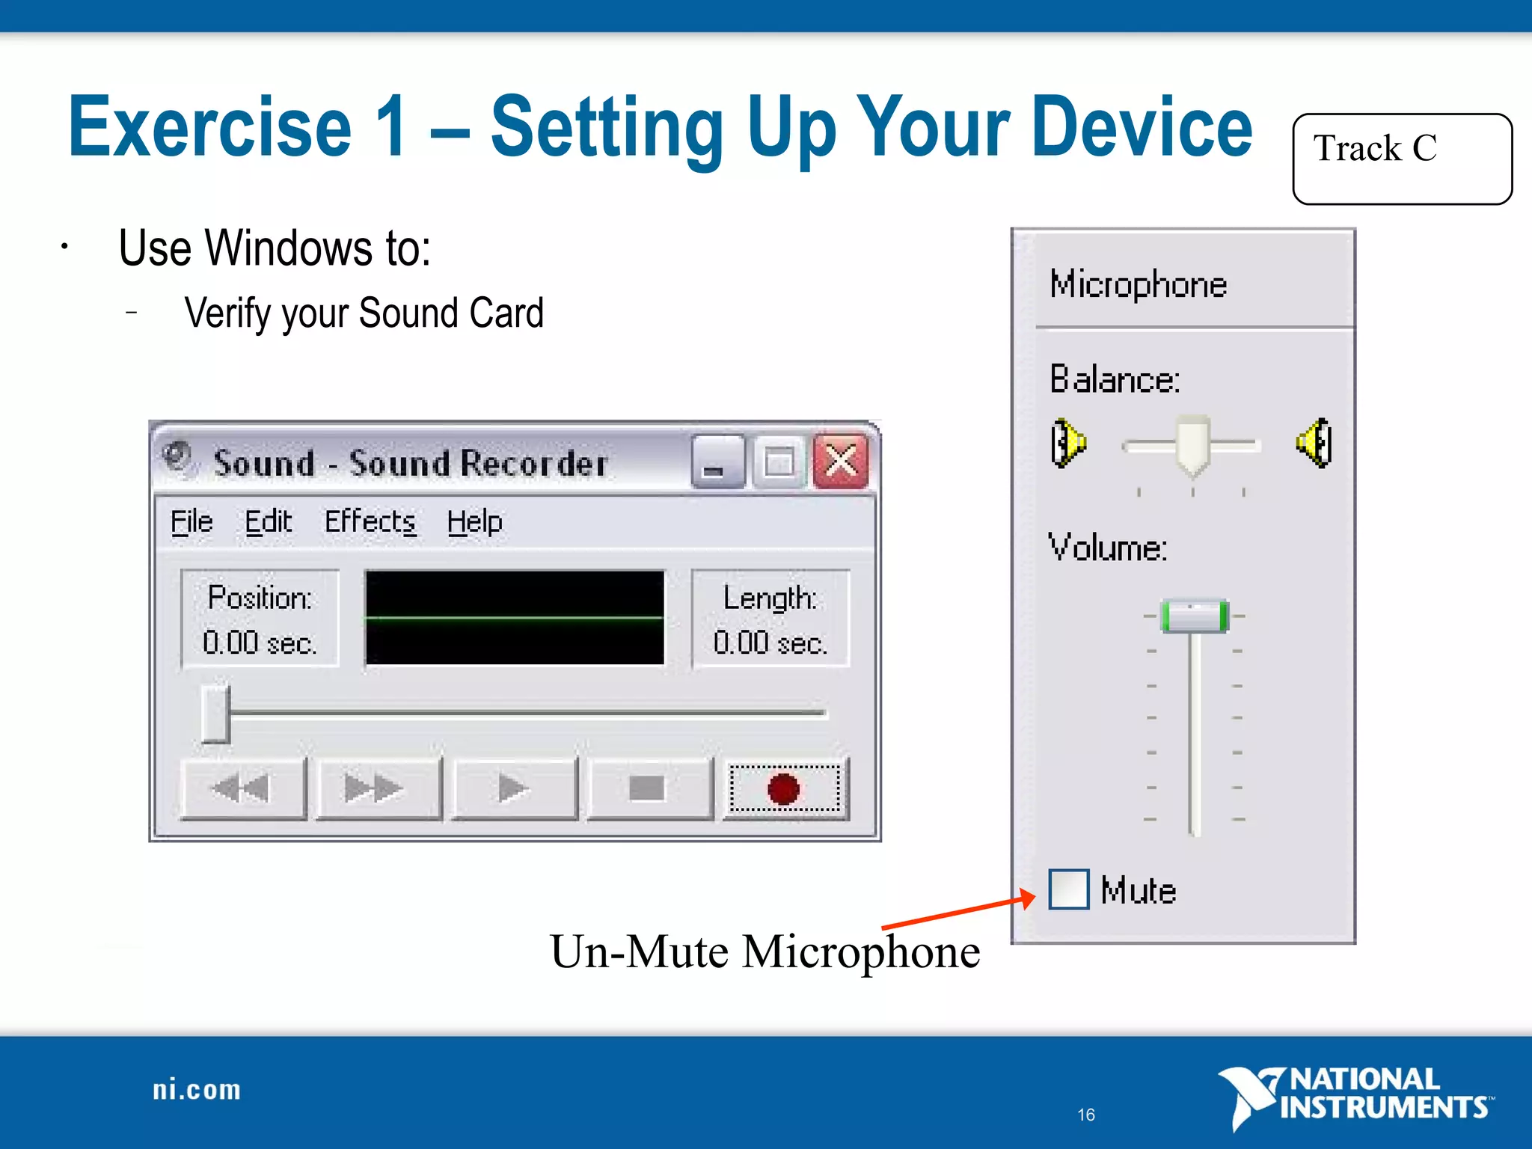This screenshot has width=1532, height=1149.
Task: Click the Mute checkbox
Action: [1068, 889]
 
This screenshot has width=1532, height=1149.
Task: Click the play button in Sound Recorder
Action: [514, 788]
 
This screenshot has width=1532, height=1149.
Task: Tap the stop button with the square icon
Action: [648, 788]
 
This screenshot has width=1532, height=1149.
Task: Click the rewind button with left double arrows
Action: [243, 788]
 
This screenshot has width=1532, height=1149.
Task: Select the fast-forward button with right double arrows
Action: [377, 788]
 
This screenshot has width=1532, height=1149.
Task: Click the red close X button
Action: [841, 462]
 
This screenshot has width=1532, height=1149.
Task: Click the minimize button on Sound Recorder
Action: [717, 462]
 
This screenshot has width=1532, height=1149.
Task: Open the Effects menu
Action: [370, 521]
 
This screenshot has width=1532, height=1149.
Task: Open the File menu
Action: [191, 521]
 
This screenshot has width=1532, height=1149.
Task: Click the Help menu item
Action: [474, 521]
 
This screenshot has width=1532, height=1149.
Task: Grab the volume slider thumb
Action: [1194, 616]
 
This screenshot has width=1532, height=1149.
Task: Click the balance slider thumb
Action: [1192, 445]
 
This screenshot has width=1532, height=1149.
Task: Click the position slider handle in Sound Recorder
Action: [216, 714]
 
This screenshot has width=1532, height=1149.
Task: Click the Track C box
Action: [1402, 159]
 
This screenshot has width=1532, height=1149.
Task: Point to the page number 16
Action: [1086, 1115]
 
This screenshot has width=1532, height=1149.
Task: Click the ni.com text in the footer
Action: [197, 1090]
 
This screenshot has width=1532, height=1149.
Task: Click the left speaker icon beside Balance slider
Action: [1067, 444]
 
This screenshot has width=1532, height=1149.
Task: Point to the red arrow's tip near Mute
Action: [1034, 896]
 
